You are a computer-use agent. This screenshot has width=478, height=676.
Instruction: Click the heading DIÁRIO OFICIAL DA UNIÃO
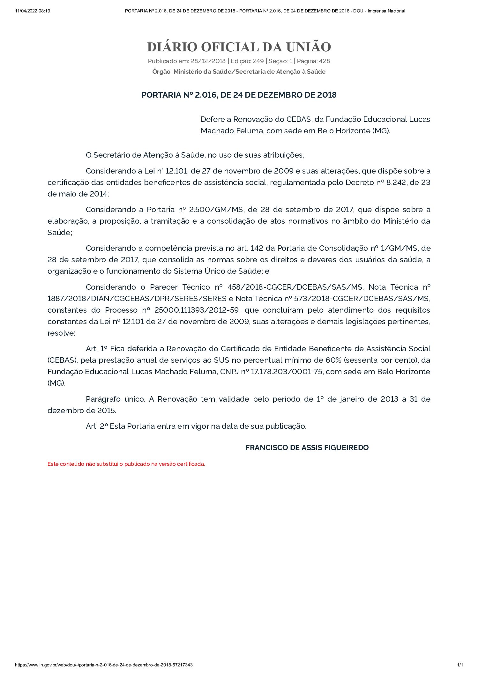(239, 47)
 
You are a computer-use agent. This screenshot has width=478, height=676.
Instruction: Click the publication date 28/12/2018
(208, 61)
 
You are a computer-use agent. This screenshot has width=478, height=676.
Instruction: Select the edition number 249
(258, 61)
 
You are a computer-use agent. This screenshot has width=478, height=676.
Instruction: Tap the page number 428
(324, 61)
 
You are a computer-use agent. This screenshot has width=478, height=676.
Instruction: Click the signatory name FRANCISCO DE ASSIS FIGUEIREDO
(307, 448)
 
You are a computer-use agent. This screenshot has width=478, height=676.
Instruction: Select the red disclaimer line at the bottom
(126, 464)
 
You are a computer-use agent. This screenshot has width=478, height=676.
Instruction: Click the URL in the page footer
(104, 665)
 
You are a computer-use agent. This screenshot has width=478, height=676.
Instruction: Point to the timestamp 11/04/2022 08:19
(33, 11)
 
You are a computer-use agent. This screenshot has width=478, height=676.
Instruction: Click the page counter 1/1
(460, 665)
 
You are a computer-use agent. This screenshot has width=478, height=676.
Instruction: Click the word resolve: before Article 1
(61, 333)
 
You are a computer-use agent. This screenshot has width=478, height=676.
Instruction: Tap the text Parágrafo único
(116, 399)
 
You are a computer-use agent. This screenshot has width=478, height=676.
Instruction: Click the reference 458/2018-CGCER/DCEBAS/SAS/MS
(295, 287)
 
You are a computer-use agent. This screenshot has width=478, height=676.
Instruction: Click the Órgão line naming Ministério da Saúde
(239, 71)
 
